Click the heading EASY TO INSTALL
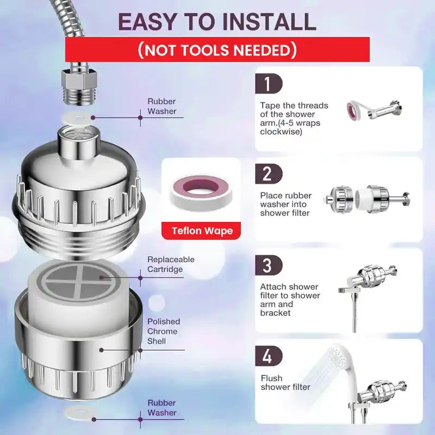tap(217, 22)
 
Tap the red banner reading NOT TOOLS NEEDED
tap(217, 50)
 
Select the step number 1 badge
tap(268, 84)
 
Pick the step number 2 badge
tap(268, 174)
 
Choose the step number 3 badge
tap(268, 266)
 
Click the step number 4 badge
tap(268, 356)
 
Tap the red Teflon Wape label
tap(202, 231)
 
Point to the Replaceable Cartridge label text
tap(171, 265)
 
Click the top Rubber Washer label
tap(162, 106)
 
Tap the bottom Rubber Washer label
tap(162, 408)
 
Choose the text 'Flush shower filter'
tap(285, 383)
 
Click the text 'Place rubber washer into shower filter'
tap(286, 204)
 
